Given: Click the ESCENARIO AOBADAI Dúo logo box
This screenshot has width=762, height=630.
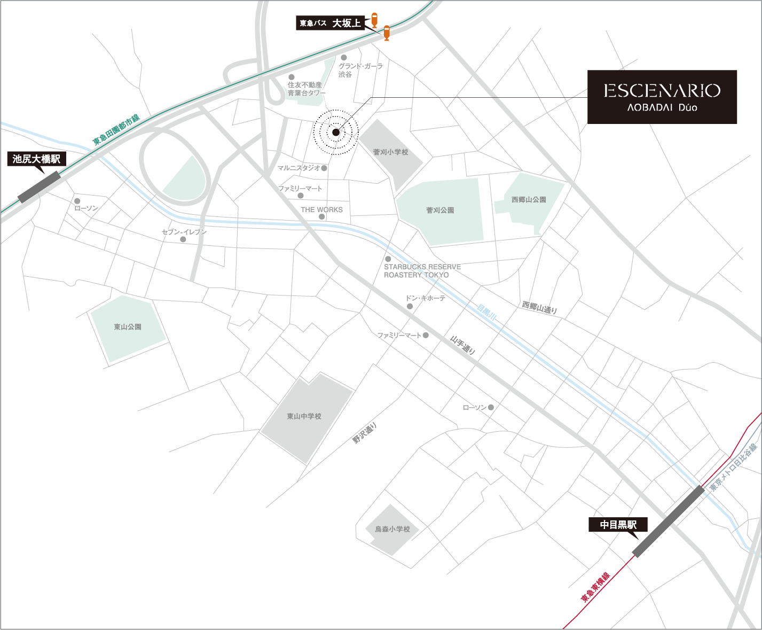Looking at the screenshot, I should click(662, 97).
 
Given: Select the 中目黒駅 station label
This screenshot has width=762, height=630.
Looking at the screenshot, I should click(618, 525).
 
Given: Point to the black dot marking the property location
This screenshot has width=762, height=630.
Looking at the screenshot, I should click(336, 133).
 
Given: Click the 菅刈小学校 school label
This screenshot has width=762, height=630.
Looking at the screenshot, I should click(390, 152).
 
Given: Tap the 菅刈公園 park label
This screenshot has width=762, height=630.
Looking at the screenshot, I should click(440, 211).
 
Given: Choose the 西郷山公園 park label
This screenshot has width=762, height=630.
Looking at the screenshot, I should click(529, 200).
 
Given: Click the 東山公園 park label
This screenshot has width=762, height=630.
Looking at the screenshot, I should click(128, 327).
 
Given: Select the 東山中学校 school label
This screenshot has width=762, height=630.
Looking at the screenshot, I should click(304, 416).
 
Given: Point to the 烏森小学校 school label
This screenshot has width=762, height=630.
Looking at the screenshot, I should click(392, 529).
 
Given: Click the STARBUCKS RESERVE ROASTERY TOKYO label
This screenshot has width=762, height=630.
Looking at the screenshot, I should click(422, 271).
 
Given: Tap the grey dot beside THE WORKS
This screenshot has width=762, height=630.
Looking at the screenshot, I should click(321, 217).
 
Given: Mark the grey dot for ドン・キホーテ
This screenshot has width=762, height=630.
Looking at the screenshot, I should click(410, 307).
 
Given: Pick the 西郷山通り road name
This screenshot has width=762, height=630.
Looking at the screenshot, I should click(539, 307).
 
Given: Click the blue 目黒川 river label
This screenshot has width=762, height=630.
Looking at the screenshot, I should click(486, 313).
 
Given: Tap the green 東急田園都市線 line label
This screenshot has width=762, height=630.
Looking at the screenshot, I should click(116, 129).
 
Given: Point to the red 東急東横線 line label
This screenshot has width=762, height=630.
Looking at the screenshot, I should click(595, 588).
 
